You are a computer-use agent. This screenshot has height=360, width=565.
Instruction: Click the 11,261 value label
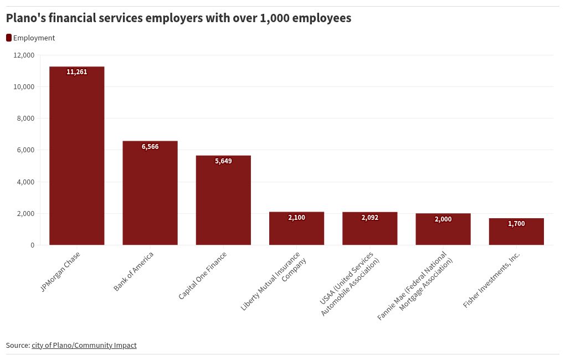point(76,72)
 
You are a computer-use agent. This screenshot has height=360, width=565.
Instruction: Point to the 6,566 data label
point(150,147)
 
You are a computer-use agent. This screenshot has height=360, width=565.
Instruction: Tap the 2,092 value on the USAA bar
point(369,218)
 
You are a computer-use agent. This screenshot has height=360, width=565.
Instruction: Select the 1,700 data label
point(516,224)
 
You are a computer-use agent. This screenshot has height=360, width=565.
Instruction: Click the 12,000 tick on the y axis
point(24,55)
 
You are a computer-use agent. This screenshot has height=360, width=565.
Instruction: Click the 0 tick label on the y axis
point(32,245)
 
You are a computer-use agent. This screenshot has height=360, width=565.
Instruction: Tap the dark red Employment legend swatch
point(9,38)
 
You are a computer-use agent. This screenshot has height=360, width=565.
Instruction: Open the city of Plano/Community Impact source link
point(84,345)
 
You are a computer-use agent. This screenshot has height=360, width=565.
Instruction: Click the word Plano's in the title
point(25,18)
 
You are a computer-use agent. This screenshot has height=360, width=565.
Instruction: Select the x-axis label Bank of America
point(134,271)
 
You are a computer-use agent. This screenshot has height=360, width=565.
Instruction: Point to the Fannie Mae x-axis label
point(415,286)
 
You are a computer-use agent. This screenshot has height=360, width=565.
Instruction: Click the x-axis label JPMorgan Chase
point(61,271)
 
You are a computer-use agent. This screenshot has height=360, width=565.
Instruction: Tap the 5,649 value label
point(223,161)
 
